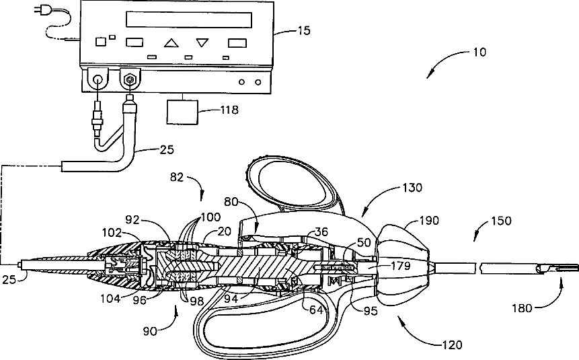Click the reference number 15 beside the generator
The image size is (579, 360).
pyautogui.click(x=304, y=31)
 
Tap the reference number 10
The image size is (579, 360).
pyautogui.click(x=479, y=52)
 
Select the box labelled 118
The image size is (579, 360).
pyautogui.click(x=182, y=112)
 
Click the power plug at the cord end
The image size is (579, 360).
pyautogui.click(x=38, y=11)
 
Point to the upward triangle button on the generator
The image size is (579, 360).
pyautogui.click(x=171, y=43)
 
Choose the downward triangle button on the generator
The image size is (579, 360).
pyautogui.click(x=202, y=42)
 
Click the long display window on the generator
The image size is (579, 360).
pyautogui.click(x=189, y=20)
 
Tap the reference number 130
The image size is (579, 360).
pyautogui.click(x=412, y=187)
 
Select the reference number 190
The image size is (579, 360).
pyautogui.click(x=429, y=221)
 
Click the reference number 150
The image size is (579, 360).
pyautogui.click(x=502, y=221)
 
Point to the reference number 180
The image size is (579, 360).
pyautogui.click(x=522, y=308)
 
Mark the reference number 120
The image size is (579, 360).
pyautogui.click(x=452, y=345)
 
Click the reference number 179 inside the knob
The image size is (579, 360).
pyautogui.click(x=401, y=265)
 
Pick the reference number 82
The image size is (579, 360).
pyautogui.click(x=177, y=178)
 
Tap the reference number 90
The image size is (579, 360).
pyautogui.click(x=150, y=331)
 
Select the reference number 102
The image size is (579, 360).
pyautogui.click(x=112, y=232)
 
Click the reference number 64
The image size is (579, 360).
pyautogui.click(x=316, y=310)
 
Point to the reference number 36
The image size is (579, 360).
pyautogui.click(x=321, y=231)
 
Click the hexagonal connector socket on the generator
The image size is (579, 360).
pyautogui.click(x=130, y=79)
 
